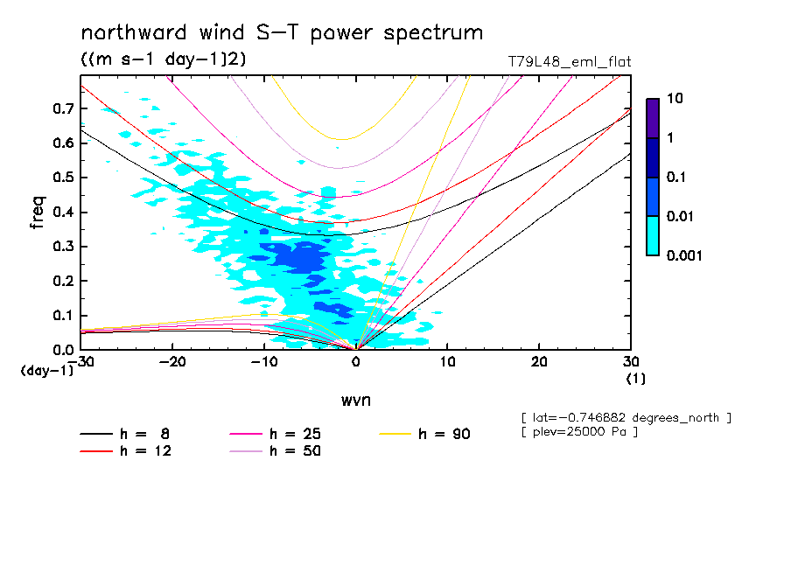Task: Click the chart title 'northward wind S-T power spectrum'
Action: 282,33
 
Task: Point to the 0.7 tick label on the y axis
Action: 64,108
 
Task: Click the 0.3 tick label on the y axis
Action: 64,247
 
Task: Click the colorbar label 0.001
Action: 685,255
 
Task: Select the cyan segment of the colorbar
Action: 652,235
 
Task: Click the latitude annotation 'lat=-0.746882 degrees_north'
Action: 626,418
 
